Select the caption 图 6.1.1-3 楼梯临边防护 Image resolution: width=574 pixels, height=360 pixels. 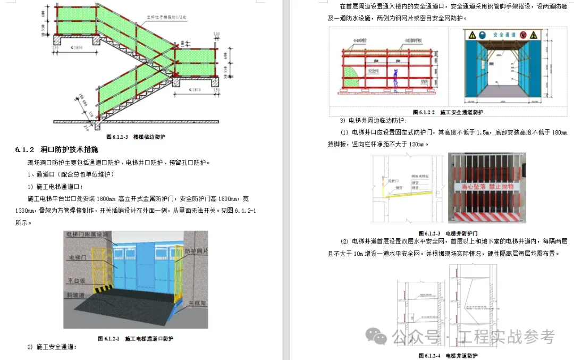tap(135, 137)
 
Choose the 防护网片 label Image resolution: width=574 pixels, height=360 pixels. tap(197, 250)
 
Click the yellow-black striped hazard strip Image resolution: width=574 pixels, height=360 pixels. tap(101, 289)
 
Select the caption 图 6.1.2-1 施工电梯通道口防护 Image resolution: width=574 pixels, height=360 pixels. tap(136, 338)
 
